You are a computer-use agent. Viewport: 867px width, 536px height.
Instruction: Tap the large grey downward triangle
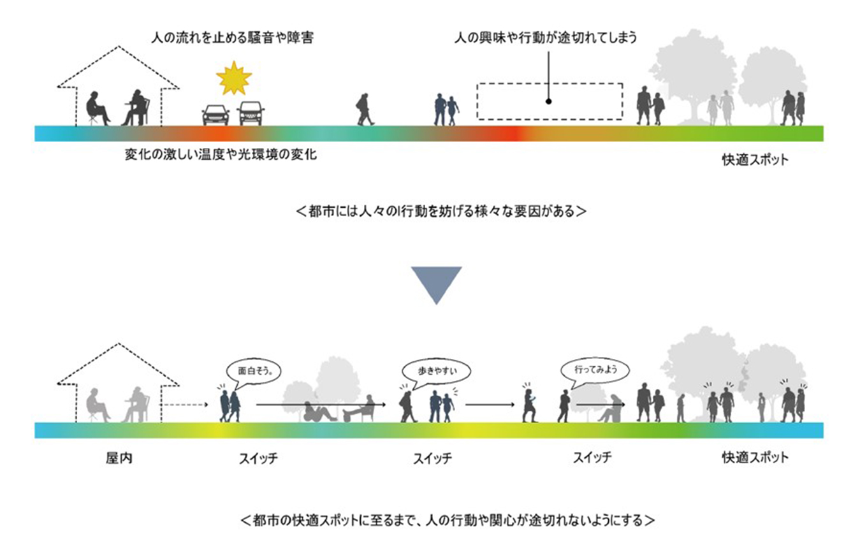[436, 282]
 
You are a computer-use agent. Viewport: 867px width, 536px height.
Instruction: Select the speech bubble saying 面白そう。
[255, 370]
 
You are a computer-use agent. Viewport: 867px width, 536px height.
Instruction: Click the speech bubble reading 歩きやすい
[434, 369]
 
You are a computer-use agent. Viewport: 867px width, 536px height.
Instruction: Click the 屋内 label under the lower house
[119, 458]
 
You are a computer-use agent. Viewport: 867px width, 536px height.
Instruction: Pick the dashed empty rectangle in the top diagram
[550, 101]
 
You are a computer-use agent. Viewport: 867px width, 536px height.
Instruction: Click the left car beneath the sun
[215, 115]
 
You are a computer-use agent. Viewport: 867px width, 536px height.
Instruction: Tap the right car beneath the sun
[251, 114]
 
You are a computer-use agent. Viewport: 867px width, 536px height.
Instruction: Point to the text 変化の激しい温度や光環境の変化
[221, 155]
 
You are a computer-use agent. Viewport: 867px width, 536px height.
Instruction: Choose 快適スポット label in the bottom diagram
[755, 458]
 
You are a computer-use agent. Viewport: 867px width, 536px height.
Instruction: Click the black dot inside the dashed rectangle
[548, 101]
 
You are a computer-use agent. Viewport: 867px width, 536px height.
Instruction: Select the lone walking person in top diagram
[364, 110]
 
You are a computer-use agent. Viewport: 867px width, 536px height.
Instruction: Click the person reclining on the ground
[318, 412]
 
